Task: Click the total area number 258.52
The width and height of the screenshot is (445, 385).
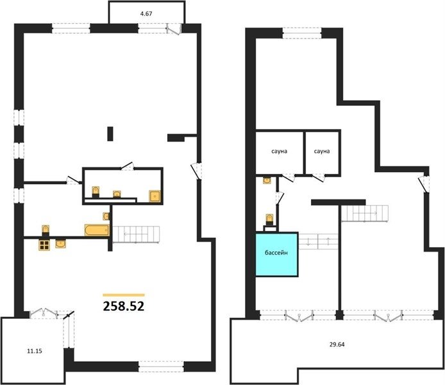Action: click(124, 306)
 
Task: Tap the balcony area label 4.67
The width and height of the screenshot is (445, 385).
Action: click(146, 13)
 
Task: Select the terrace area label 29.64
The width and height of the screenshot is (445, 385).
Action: click(337, 345)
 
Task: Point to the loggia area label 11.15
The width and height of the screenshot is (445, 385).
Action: click(35, 351)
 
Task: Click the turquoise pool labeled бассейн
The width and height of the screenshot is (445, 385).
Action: click(277, 254)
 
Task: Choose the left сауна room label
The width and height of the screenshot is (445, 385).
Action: click(280, 151)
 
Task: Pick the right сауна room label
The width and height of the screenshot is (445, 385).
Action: click(322, 151)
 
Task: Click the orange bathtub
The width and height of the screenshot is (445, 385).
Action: click(97, 230)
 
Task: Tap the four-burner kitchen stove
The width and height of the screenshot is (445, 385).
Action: click(44, 245)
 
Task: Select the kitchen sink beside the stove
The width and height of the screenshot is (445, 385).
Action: click(61, 244)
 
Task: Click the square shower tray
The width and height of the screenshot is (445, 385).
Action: click(155, 196)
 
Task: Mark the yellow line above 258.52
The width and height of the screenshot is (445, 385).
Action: click(124, 295)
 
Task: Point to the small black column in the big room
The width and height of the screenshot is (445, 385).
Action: click(110, 134)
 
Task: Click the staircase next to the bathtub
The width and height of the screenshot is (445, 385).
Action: click(136, 234)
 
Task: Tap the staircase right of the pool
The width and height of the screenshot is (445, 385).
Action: click(318, 241)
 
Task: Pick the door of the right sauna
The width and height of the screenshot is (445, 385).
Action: click(319, 178)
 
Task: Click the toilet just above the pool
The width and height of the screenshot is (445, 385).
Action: click(269, 219)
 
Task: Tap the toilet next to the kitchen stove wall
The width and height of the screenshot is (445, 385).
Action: click(46, 230)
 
